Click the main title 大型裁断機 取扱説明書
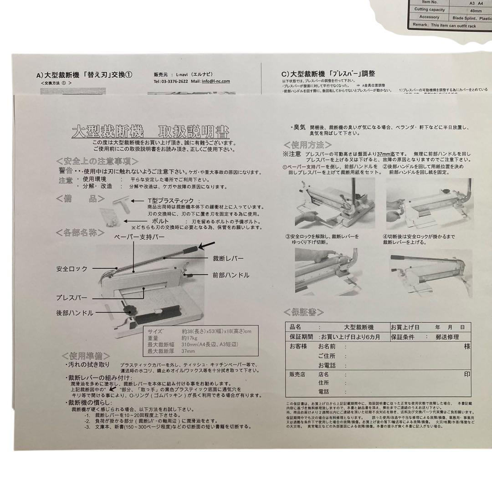pyautogui.click(x=150, y=133)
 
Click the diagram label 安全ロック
pyautogui.click(x=72, y=269)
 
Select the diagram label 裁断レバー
pyautogui.click(x=228, y=258)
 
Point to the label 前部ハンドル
pyautogui.click(x=231, y=275)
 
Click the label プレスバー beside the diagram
pyautogui.click(x=72, y=297)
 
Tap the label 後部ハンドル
pyautogui.click(x=75, y=313)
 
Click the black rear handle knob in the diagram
pyautogui.click(x=130, y=310)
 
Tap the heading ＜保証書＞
pyautogui.click(x=304, y=312)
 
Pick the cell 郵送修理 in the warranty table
pyautogui.click(x=444, y=337)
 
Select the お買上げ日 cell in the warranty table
pyautogui.click(x=405, y=328)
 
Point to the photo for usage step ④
pyautogui.click(x=431, y=272)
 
